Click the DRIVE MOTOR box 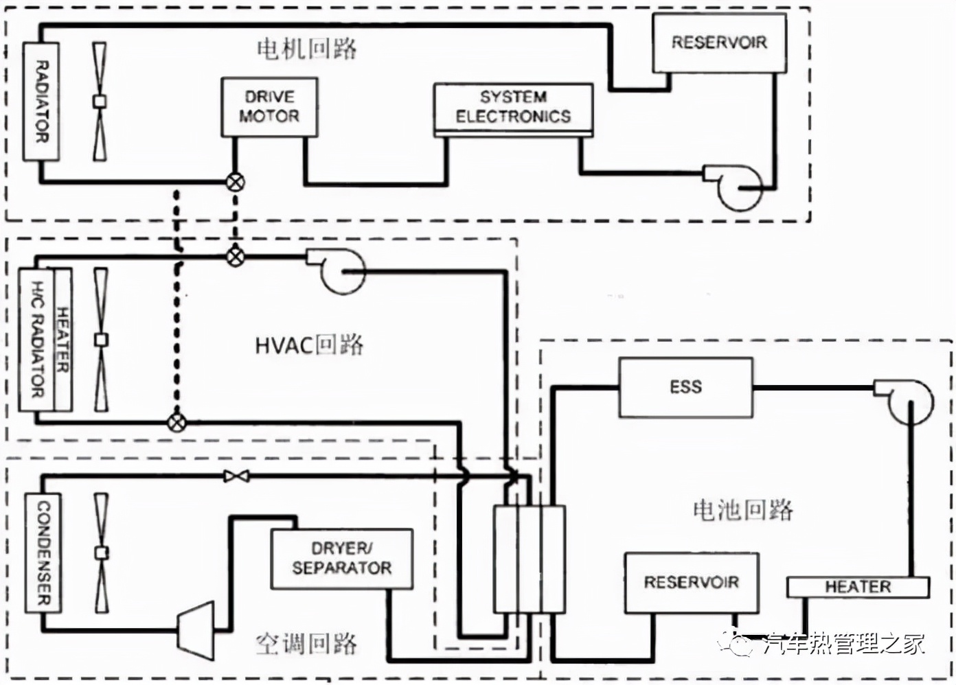pyautogui.click(x=269, y=107)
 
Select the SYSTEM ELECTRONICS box pyautogui.click(x=513, y=108)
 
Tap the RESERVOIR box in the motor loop pyautogui.click(x=718, y=43)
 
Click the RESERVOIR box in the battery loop pyautogui.click(x=692, y=583)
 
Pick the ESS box pyautogui.click(x=685, y=387)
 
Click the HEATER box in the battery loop pyautogui.click(x=857, y=587)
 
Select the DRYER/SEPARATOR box pyautogui.click(x=341, y=559)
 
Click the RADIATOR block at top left pyautogui.click(x=41, y=102)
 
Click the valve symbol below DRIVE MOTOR pyautogui.click(x=236, y=182)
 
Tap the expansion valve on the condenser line pyautogui.click(x=236, y=476)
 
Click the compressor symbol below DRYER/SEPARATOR pyautogui.click(x=196, y=626)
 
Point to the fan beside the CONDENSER pyautogui.click(x=102, y=553)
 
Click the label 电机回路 pyautogui.click(x=306, y=49)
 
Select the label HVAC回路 pyautogui.click(x=309, y=345)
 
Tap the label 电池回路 pyautogui.click(x=742, y=510)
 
